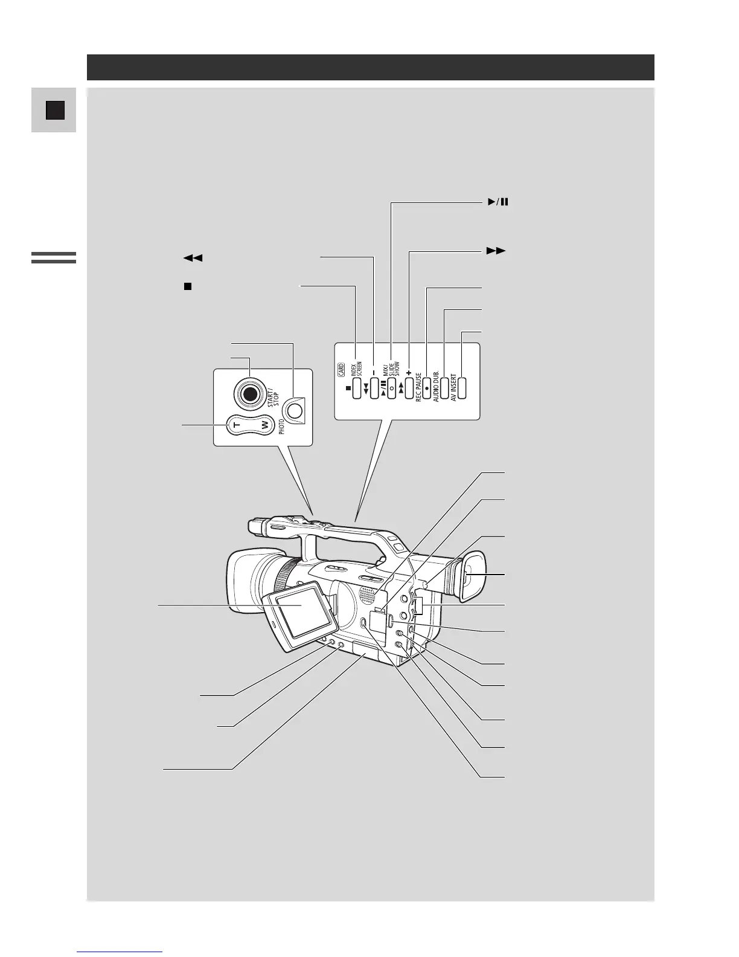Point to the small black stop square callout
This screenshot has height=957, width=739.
187,286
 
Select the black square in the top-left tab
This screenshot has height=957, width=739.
54,110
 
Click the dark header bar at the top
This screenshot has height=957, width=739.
370,67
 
